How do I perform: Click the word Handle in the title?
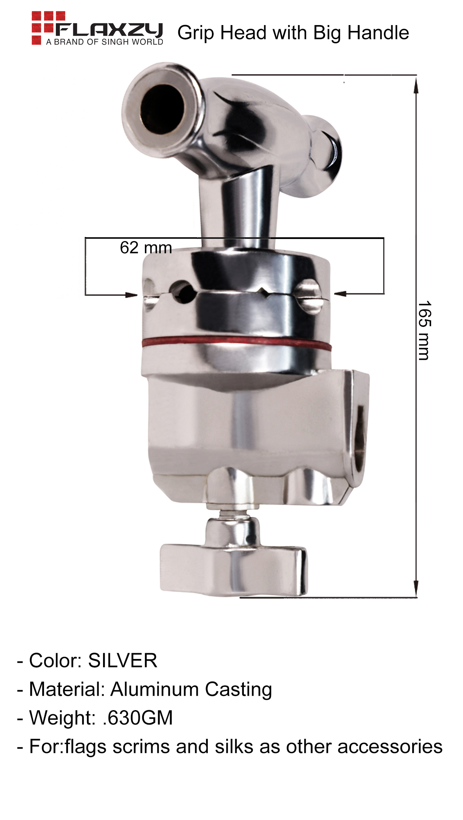378,33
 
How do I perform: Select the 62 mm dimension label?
146,248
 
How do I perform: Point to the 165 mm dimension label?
424,331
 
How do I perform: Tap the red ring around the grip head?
236,343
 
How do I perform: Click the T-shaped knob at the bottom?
234,561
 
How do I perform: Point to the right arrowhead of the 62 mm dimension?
340,294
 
